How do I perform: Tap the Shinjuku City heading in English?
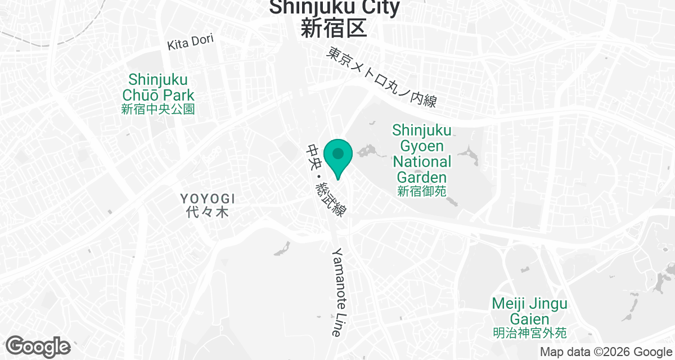335,7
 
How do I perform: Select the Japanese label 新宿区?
334,28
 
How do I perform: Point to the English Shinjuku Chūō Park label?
158,87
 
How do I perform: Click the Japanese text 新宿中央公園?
158,109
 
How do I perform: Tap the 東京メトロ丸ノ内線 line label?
382,77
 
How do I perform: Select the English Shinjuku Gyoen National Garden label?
422,154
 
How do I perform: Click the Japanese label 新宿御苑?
422,191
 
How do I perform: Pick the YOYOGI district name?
208,199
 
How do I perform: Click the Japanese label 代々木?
208,213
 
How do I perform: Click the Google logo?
38,346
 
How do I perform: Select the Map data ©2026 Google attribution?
606,352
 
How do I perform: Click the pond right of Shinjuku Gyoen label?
467,156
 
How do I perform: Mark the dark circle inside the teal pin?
338,153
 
